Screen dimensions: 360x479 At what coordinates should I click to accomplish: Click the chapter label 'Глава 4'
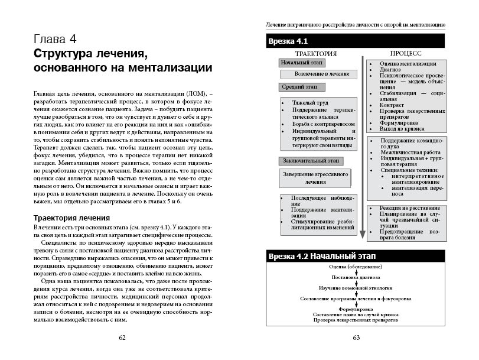pos(55,40)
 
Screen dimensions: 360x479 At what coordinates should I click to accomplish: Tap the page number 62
pos(122,338)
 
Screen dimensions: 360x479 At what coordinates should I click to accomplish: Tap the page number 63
pos(356,338)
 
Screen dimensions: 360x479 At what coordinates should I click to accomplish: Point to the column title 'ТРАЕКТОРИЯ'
pos(315,54)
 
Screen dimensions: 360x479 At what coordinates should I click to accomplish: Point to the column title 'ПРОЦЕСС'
pos(405,54)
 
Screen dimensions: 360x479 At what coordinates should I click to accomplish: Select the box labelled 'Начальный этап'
pos(298,63)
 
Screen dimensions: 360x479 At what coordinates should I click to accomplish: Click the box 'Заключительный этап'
pos(302,160)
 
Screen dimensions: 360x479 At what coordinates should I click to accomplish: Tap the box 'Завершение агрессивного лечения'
pos(315,178)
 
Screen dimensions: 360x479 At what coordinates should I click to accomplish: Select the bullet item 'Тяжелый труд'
pos(307,103)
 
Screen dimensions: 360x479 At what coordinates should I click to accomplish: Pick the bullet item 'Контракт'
pos(392,105)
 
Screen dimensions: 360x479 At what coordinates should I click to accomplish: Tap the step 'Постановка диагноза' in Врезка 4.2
pos(356,277)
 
